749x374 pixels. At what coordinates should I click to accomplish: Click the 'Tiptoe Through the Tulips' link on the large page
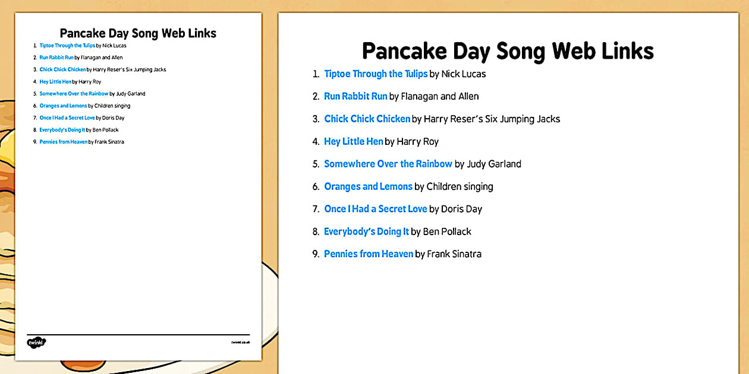376,74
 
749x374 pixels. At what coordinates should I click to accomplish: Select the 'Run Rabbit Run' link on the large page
355,97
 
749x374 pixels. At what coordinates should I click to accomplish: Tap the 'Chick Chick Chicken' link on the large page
367,119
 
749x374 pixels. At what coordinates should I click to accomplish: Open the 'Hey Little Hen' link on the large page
353,142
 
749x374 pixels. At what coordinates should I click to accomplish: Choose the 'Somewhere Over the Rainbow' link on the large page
388,164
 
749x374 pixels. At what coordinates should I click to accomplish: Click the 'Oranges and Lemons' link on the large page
368,187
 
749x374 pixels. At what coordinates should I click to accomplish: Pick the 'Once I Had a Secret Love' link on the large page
375,210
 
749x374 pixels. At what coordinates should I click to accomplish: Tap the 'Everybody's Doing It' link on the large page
366,232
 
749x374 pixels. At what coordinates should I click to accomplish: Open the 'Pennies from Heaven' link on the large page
368,255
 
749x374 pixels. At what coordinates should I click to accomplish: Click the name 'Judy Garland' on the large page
494,164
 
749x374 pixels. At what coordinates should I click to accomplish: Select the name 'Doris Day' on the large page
461,210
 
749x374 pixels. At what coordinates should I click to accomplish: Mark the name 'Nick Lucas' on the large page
464,74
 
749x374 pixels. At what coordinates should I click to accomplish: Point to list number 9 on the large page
316,255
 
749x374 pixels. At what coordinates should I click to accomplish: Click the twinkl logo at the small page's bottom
36,343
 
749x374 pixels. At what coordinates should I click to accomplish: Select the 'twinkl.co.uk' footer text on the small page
240,343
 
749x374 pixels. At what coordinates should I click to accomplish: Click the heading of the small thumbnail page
138,33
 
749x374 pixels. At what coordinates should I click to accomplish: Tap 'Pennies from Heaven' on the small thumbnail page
63,142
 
